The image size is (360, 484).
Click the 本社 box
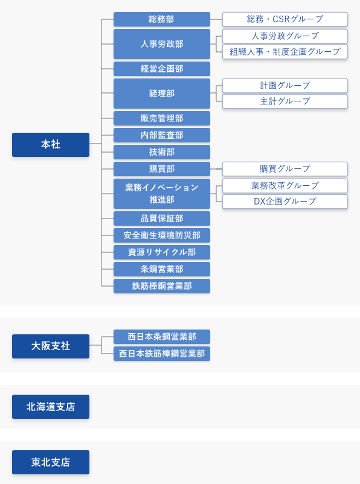click(51, 144)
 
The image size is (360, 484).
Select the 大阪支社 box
click(51, 346)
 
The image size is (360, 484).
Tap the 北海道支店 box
click(51, 407)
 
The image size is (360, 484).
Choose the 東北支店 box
click(51, 462)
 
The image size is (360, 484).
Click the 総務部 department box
click(162, 19)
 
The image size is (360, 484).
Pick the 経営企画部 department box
click(162, 69)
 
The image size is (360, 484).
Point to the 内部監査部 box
click(162, 135)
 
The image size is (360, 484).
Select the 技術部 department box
click(162, 152)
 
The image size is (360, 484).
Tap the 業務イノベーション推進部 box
click(162, 194)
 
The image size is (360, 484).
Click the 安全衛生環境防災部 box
click(162, 235)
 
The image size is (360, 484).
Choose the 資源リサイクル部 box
click(162, 252)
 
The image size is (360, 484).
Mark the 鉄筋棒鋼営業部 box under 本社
click(162, 286)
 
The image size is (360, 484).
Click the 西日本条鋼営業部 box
click(162, 337)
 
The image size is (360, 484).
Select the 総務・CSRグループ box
click(285, 19)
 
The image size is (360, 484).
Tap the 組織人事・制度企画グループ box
click(285, 51)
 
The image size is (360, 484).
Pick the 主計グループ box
click(285, 101)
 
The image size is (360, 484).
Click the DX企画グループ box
click(285, 201)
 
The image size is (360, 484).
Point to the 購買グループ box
click(285, 169)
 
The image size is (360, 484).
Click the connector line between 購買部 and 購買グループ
click(216, 169)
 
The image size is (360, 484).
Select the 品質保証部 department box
click(162, 218)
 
